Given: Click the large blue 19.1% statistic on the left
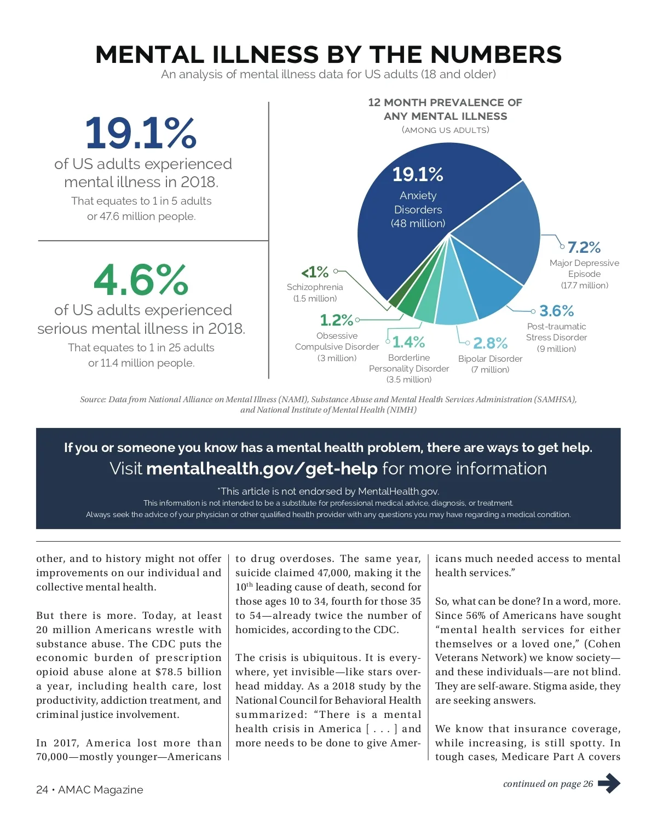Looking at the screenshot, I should pyautogui.click(x=141, y=133).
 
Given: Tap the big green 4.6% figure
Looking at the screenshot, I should pyautogui.click(x=141, y=280).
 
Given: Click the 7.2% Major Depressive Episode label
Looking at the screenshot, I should pyautogui.click(x=584, y=247).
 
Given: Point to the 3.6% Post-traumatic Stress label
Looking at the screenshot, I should pyautogui.click(x=556, y=311).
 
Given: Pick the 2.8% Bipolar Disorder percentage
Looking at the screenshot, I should pyautogui.click(x=490, y=343).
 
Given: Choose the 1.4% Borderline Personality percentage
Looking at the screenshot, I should pyautogui.click(x=408, y=342).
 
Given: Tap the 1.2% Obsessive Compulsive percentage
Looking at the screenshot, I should pyautogui.click(x=336, y=320).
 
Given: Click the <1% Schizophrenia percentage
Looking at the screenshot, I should pyautogui.click(x=315, y=272).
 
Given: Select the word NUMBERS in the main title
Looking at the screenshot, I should pyautogui.click(x=496, y=55).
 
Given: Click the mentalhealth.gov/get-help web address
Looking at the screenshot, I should pyautogui.click(x=262, y=468).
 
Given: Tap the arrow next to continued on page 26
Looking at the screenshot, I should pyautogui.click(x=609, y=783).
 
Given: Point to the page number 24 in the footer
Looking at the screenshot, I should pyautogui.click(x=42, y=790).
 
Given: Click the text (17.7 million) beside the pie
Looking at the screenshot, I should pyautogui.click(x=584, y=285).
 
